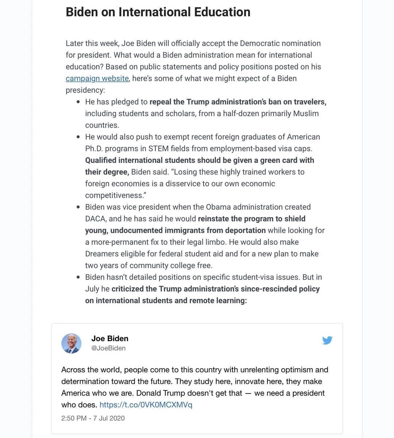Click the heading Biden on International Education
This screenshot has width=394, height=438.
click(158, 12)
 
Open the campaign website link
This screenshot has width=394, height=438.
click(97, 79)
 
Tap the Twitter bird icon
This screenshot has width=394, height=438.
click(327, 340)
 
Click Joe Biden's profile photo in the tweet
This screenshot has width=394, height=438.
click(72, 343)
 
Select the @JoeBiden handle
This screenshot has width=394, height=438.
click(108, 348)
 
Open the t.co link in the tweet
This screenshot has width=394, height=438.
click(146, 405)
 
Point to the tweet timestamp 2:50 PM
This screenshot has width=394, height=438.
click(74, 418)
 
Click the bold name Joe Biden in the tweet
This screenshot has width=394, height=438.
click(110, 339)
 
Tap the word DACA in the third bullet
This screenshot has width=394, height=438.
click(96, 219)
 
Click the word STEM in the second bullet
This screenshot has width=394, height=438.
click(158, 149)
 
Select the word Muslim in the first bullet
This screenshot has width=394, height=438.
click(306, 114)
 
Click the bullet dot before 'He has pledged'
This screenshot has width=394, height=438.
click(78, 102)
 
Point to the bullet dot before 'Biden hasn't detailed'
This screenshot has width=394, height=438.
click(78, 278)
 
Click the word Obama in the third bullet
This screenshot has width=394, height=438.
click(218, 207)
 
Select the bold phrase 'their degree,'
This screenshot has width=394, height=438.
click(107, 172)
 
